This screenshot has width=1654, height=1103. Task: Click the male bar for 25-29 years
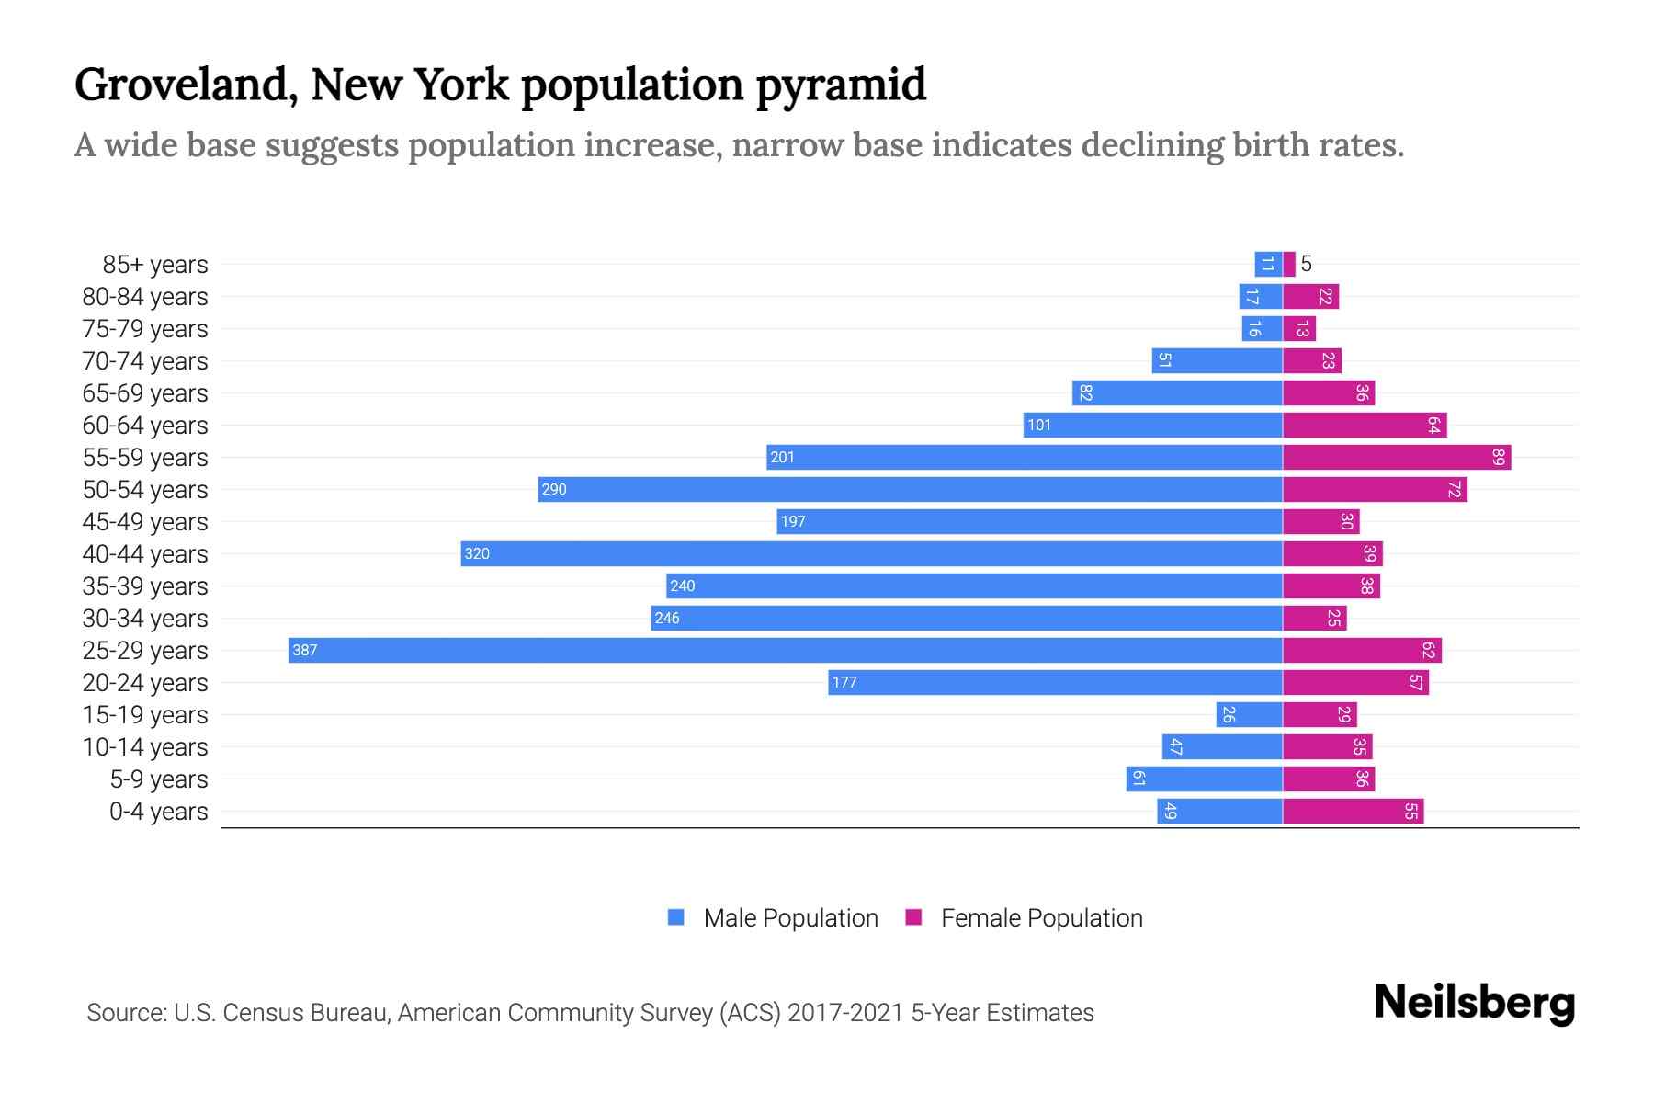[x=786, y=651]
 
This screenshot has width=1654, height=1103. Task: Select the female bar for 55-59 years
[x=1397, y=458]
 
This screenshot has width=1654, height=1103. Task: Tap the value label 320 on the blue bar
[x=477, y=554]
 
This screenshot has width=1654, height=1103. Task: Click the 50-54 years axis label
[x=145, y=490]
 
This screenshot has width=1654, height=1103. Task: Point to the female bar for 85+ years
[x=1289, y=265]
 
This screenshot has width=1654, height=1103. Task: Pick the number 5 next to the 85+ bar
[x=1306, y=265]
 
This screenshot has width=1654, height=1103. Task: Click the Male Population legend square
[x=676, y=917]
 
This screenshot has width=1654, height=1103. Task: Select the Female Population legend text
[x=1041, y=918]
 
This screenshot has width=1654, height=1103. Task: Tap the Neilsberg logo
[x=1474, y=1003]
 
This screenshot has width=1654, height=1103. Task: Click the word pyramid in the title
[x=841, y=85]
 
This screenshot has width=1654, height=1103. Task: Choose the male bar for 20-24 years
[x=1055, y=683]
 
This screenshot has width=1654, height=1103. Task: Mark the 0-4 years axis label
[x=158, y=812]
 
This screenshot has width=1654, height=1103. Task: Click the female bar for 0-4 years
[x=1353, y=812]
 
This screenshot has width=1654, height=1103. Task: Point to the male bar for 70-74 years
[x=1217, y=361]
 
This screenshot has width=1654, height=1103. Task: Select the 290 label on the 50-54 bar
[x=554, y=490]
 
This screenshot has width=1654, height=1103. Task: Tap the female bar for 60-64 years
[x=1365, y=426]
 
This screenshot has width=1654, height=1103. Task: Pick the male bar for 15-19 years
[x=1249, y=715]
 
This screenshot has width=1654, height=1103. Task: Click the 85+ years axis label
[x=154, y=265]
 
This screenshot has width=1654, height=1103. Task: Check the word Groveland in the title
[x=185, y=85]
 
